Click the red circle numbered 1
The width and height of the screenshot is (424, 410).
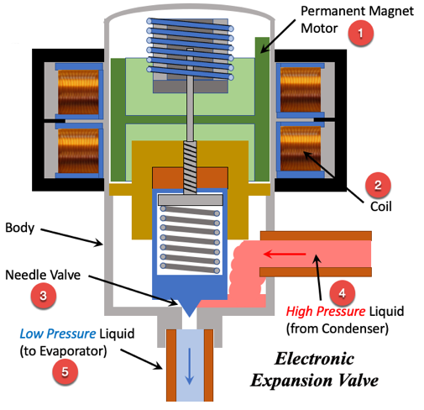(x=360, y=33)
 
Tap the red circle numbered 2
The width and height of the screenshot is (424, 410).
(x=378, y=185)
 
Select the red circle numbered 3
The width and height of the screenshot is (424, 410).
(x=43, y=296)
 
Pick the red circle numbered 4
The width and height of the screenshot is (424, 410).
(x=342, y=293)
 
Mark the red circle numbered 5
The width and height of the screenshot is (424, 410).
(x=65, y=371)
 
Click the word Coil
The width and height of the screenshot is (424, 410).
(x=380, y=207)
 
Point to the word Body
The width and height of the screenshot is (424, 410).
(x=19, y=228)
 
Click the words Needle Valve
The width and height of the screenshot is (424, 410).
(x=43, y=275)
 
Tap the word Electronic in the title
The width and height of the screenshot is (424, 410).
(x=315, y=359)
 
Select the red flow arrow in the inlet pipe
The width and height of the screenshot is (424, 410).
(x=285, y=255)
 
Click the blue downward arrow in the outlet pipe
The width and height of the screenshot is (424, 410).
(x=190, y=366)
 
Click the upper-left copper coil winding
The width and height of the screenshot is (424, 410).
(x=78, y=92)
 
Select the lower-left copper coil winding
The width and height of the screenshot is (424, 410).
(x=78, y=150)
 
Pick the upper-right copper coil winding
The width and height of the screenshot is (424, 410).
(x=301, y=90)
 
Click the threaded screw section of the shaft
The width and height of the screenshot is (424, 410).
(x=190, y=167)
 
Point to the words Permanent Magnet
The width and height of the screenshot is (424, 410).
(x=357, y=11)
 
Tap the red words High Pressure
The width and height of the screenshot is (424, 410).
(x=326, y=312)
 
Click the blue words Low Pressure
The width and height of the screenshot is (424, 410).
(x=58, y=334)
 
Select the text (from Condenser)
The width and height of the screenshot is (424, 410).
(x=338, y=329)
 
